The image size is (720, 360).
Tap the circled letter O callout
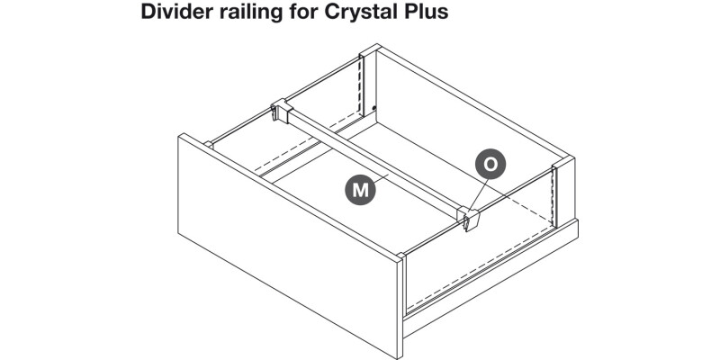(490, 165)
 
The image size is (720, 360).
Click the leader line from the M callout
(382, 180)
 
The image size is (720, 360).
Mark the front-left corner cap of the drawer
(208, 142)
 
